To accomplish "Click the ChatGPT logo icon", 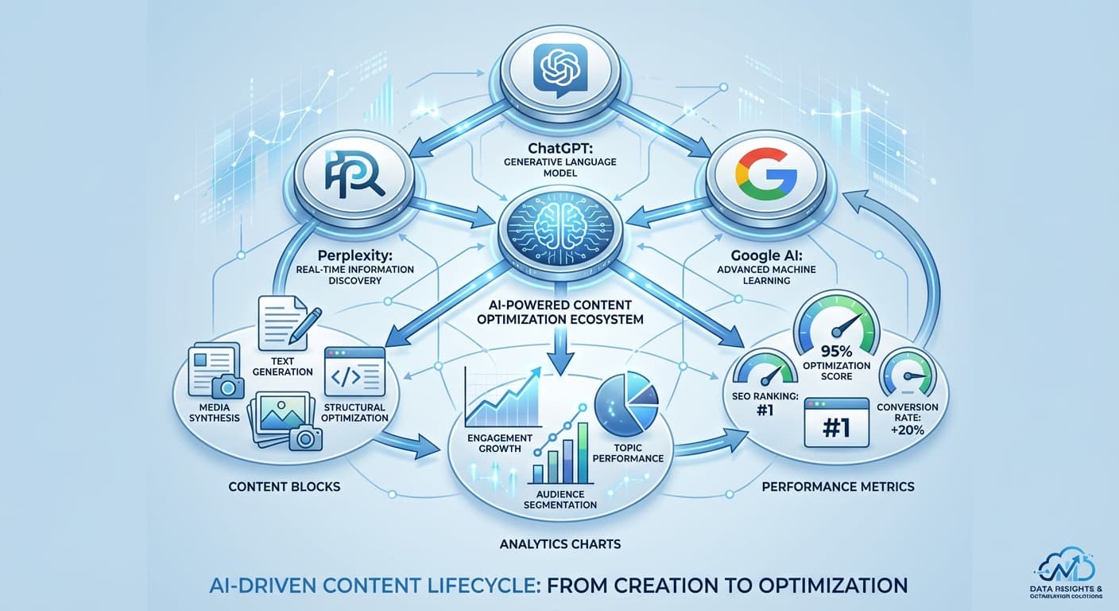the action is click(559, 70).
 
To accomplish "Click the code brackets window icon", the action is click(354, 372).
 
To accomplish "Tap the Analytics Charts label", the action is click(559, 544).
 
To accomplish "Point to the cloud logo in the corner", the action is click(1067, 566).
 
